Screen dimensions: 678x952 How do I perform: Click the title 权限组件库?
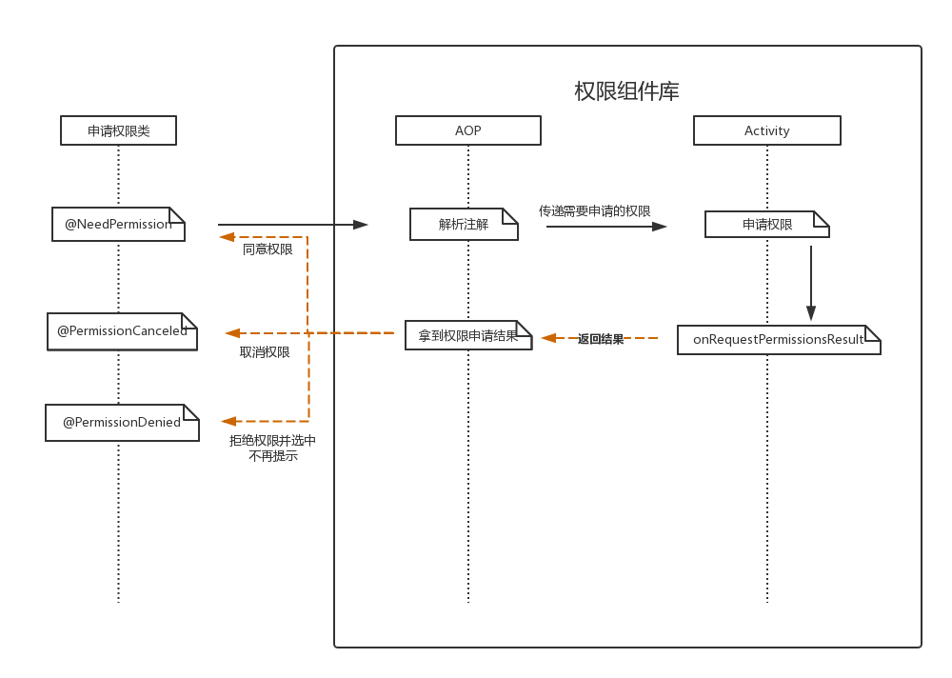tap(626, 91)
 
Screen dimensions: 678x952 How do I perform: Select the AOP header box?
tap(468, 130)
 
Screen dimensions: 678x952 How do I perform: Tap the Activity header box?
tap(767, 130)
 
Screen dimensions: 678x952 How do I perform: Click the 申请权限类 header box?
tap(118, 130)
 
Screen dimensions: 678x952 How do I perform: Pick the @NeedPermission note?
tap(118, 225)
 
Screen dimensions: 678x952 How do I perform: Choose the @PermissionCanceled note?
tap(122, 331)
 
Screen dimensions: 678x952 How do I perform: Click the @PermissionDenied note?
tap(122, 423)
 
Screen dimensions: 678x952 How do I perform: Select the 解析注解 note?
tap(464, 225)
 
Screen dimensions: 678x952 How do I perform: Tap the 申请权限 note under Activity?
tap(767, 225)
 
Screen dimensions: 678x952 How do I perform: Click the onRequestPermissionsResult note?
tap(779, 340)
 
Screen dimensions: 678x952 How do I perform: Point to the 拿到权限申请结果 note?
tap(468, 336)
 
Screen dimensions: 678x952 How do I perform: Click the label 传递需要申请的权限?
tap(595, 211)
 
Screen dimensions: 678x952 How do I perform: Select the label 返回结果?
tap(601, 339)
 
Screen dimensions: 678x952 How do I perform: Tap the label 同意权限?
tap(268, 249)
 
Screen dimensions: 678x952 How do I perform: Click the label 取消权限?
tap(265, 352)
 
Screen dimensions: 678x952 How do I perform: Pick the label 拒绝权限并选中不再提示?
tap(273, 449)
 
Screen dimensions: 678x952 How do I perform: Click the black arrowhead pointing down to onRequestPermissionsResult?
tap(811, 312)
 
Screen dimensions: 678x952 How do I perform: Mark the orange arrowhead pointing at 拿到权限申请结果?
tap(549, 338)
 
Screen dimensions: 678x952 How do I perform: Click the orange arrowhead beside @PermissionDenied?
tap(228, 421)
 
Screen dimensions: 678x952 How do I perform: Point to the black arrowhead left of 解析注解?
tap(361, 225)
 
